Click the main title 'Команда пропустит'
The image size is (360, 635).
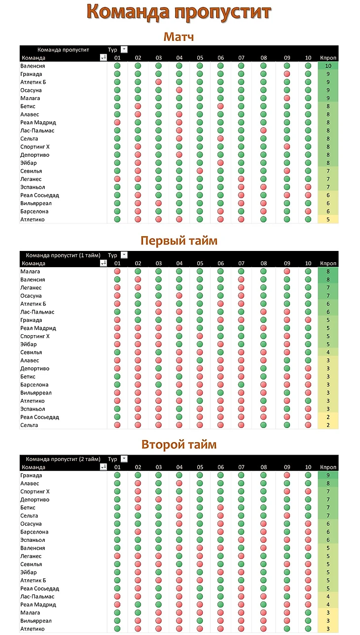point(179,12)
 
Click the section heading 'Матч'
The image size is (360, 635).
point(179,37)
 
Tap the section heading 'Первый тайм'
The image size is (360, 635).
point(179,241)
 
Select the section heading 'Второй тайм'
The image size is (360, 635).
point(179,445)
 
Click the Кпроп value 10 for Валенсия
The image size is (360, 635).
point(328,66)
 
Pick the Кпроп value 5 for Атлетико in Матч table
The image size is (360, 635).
point(328,219)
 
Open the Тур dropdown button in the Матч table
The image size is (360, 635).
point(124,49)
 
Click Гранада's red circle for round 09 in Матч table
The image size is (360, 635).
point(287,74)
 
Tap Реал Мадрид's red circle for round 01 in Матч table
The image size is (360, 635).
point(117,122)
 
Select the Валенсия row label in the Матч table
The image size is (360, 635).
point(33,66)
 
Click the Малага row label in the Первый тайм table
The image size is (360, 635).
point(31,272)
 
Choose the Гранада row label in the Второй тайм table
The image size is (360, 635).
point(32,476)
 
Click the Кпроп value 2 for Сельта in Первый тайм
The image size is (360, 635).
point(328,425)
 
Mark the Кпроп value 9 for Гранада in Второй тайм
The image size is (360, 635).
point(328,476)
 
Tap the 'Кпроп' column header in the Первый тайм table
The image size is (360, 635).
point(328,263)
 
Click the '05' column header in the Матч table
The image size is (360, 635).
point(200,58)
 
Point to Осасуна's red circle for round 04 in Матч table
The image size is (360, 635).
point(179,90)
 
